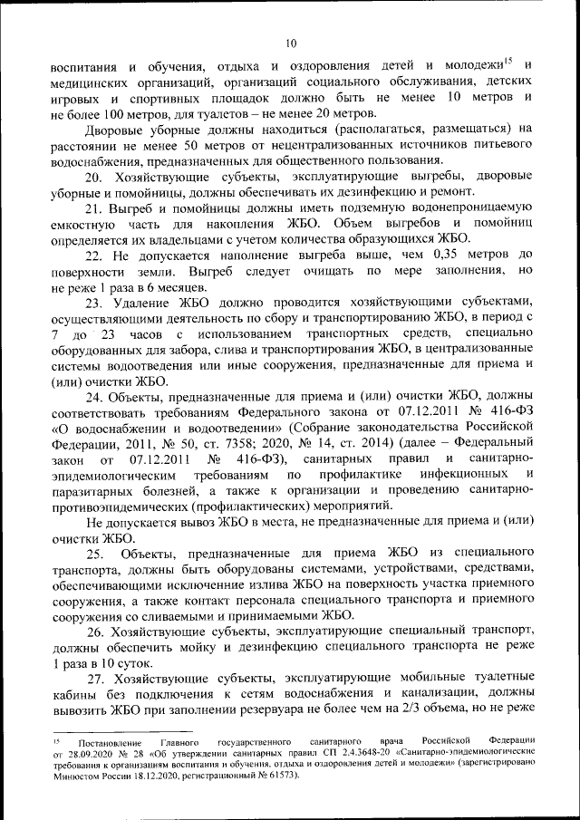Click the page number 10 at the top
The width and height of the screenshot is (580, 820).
click(290, 42)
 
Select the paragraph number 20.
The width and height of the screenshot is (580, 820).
click(94, 176)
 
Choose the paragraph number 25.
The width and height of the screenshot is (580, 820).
click(96, 555)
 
